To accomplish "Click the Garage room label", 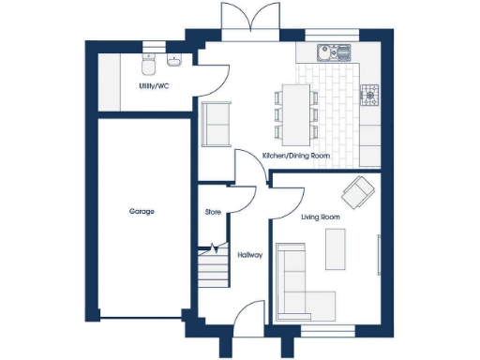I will pos(142,212).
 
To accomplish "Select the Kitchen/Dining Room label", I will pos(296,156).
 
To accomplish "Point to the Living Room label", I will pos(320,217).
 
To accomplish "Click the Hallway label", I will pos(249,254).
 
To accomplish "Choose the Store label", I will pos(213,213).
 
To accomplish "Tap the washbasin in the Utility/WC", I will pos(174,62).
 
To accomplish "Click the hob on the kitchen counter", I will pos(370,94).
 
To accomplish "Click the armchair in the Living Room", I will pos(357,193).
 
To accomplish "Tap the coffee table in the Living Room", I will pos(336,249).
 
